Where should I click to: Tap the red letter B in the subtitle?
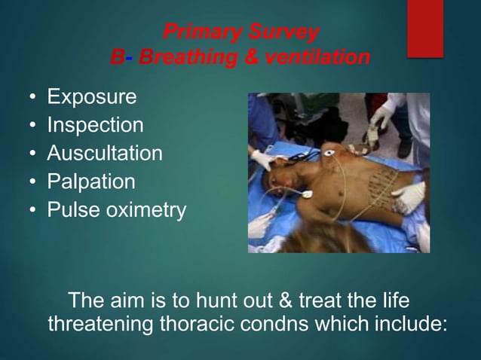coord(116,57)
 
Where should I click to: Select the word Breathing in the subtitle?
coord(179,57)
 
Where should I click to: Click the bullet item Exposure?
coord(92,97)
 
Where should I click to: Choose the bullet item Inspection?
coord(95,125)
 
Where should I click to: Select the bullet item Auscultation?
coord(105,153)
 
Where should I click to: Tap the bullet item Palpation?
coord(91,182)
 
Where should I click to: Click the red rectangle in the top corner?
coord(425,29)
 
